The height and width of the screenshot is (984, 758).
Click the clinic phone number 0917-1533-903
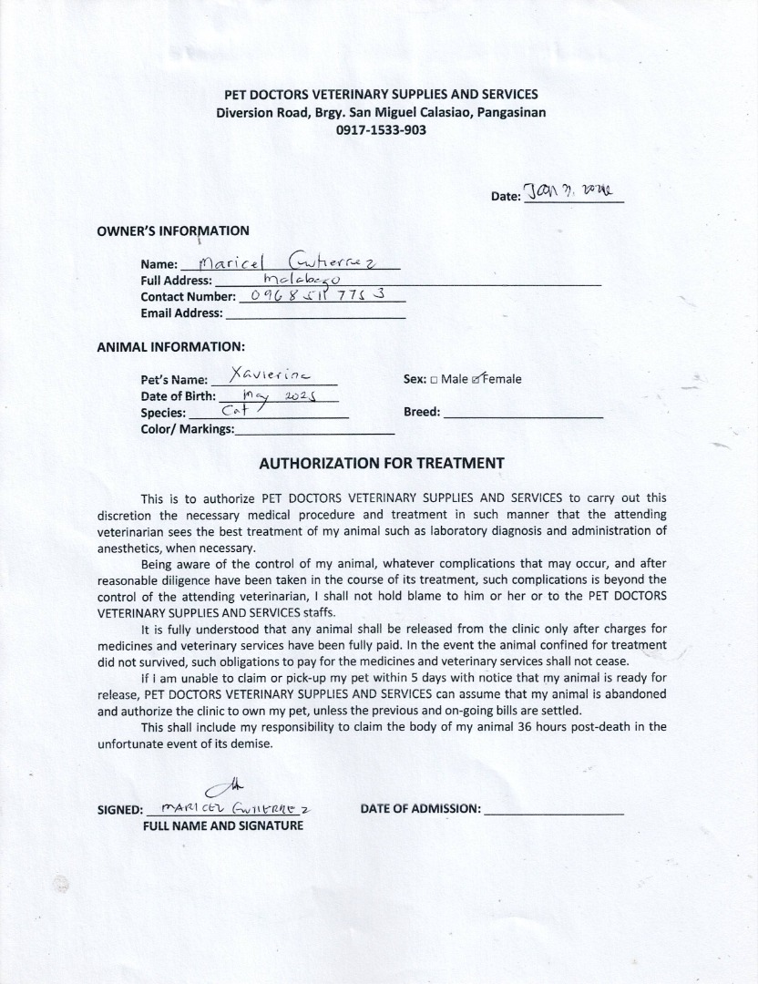381,129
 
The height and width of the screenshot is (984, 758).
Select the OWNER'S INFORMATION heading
173,231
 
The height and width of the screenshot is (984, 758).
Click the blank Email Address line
314,313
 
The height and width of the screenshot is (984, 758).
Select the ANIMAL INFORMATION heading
170,346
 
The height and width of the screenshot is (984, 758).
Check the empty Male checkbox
434,380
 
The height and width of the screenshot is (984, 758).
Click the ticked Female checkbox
476,379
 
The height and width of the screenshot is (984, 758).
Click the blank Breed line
523,412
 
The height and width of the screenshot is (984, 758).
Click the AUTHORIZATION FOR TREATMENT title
382,463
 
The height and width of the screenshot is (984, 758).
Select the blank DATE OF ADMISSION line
553,808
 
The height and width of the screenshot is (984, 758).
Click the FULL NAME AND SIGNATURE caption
223,825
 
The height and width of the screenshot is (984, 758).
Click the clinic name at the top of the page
381,95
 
